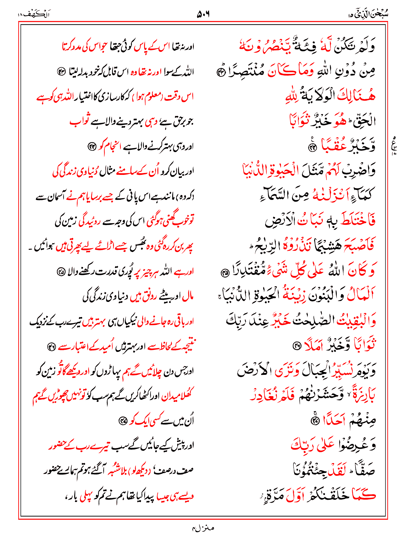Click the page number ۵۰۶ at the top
203,14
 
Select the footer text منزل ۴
203,528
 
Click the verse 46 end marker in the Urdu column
51,346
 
